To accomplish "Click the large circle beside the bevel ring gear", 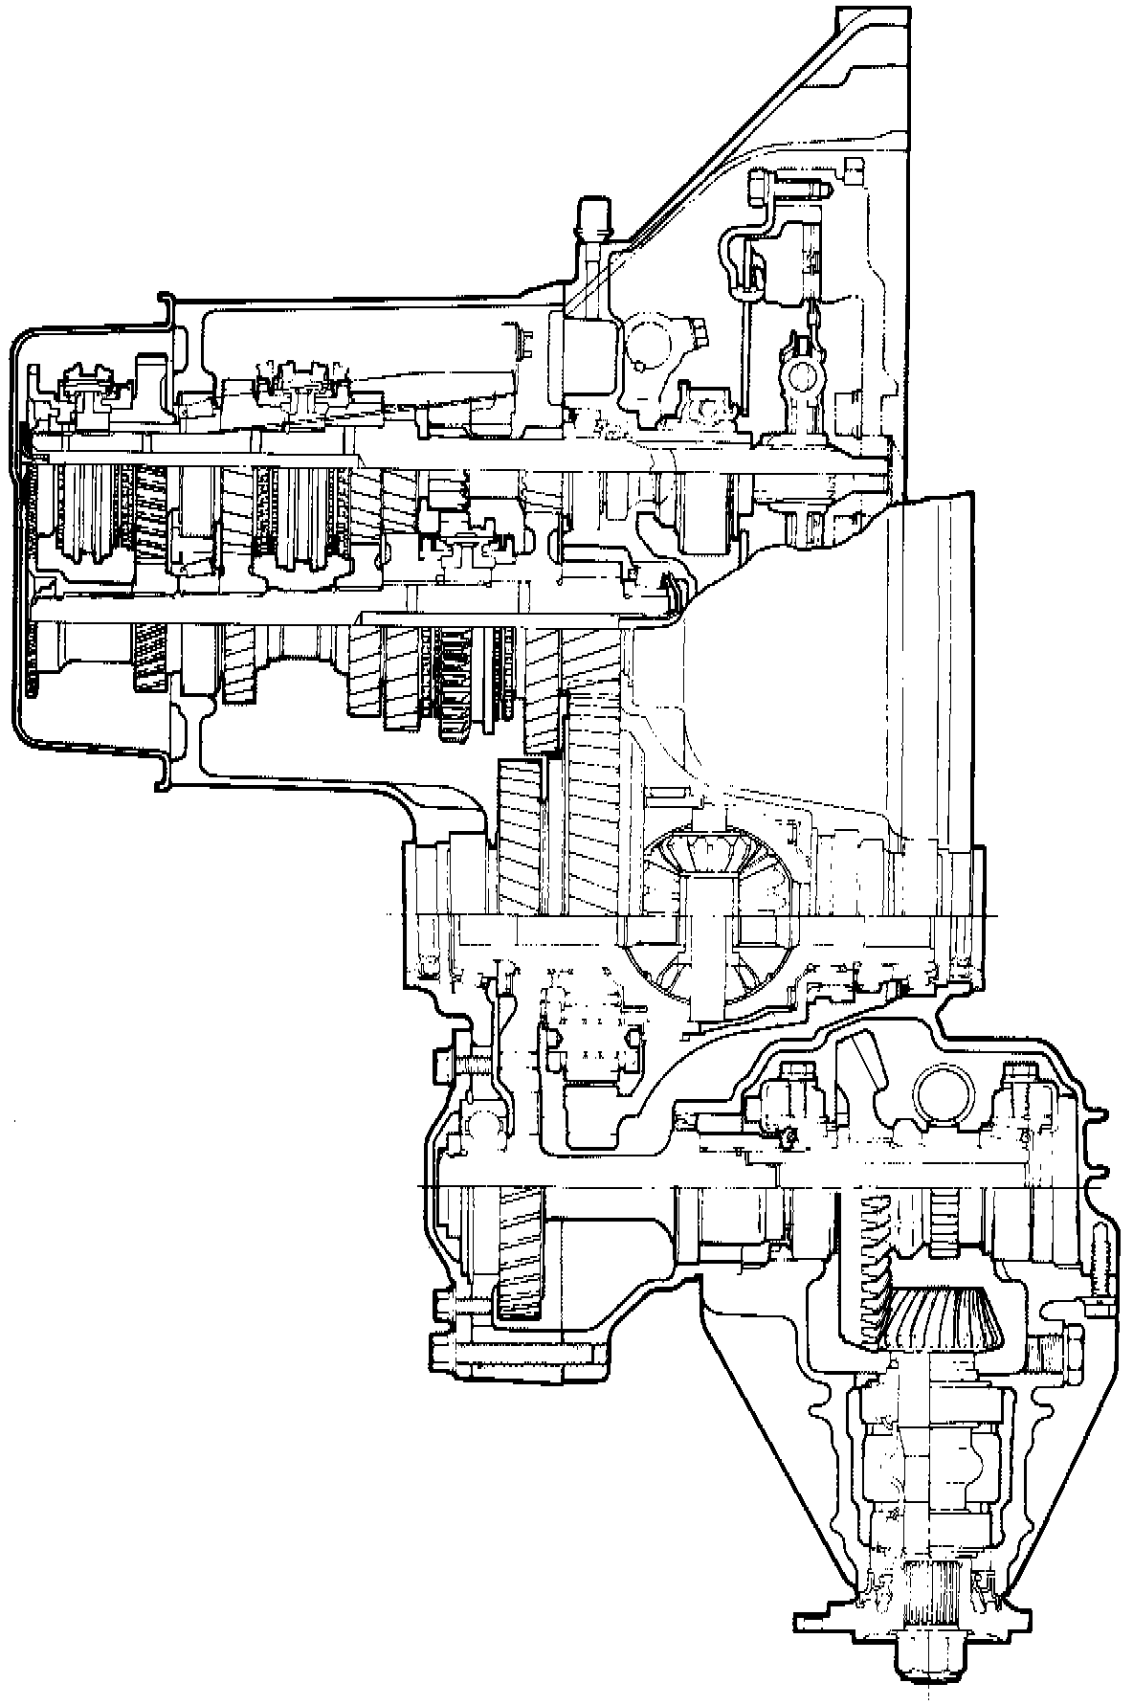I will (x=943, y=1090).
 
